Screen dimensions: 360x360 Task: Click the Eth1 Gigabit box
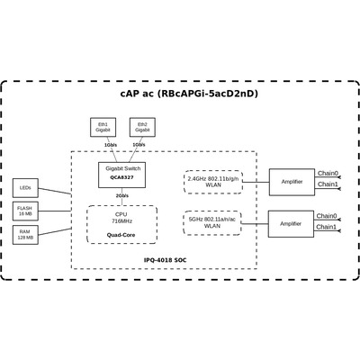click(103, 127)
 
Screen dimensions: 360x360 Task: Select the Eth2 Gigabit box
click(142, 127)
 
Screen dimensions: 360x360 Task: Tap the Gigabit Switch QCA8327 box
click(122, 175)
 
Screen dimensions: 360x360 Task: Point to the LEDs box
click(25, 188)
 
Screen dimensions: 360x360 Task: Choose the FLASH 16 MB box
click(25, 211)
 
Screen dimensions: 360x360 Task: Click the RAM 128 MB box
click(25, 235)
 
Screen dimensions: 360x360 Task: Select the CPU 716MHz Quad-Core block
click(121, 224)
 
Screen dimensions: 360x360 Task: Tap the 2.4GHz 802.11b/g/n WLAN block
click(213, 182)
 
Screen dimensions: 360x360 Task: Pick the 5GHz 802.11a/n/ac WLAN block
click(212, 223)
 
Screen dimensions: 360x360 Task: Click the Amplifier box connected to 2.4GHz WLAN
click(292, 182)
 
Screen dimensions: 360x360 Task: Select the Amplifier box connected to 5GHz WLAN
click(291, 224)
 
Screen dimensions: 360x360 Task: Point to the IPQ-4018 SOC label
click(165, 260)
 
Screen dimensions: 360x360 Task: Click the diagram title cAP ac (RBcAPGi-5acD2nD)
click(189, 94)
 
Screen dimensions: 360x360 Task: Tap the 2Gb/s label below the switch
click(122, 196)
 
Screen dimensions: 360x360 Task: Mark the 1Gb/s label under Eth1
click(111, 145)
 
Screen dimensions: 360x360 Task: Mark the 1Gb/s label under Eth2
click(139, 145)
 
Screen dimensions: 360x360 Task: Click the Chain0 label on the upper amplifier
click(328, 173)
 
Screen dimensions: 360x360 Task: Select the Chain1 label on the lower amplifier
click(327, 227)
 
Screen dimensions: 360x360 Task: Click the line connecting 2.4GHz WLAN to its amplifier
click(256, 182)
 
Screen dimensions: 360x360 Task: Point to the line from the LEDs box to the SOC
click(55, 191)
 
